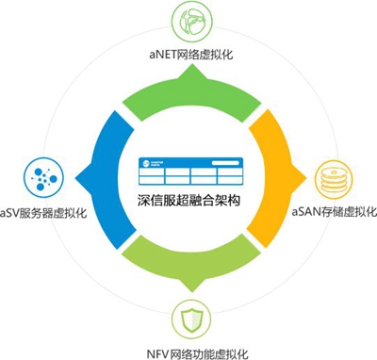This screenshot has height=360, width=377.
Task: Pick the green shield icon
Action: (x=189, y=320)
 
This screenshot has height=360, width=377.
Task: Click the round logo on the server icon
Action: (x=146, y=162)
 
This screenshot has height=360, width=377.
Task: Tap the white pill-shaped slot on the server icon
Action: (x=227, y=162)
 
